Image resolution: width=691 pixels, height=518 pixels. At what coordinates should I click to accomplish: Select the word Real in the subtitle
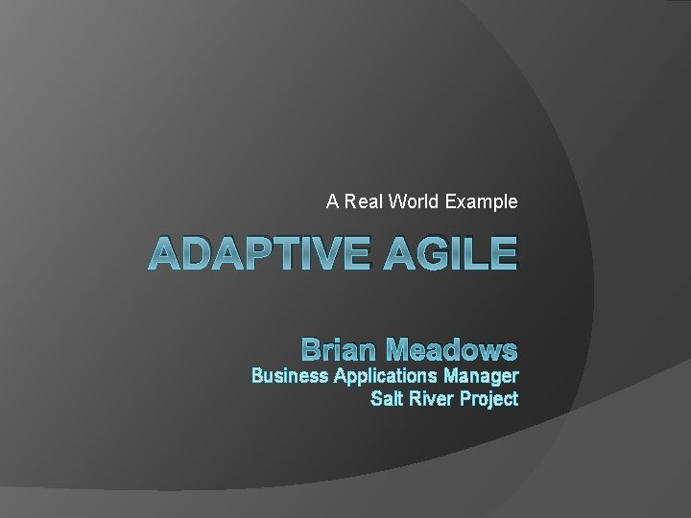click(360, 202)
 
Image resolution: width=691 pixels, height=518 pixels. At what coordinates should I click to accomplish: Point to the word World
click(415, 202)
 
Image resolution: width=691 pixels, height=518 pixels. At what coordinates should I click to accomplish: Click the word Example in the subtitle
click(483, 202)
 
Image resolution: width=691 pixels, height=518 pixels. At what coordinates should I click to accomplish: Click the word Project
click(489, 398)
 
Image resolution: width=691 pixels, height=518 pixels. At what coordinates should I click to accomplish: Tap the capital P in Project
click(467, 398)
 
